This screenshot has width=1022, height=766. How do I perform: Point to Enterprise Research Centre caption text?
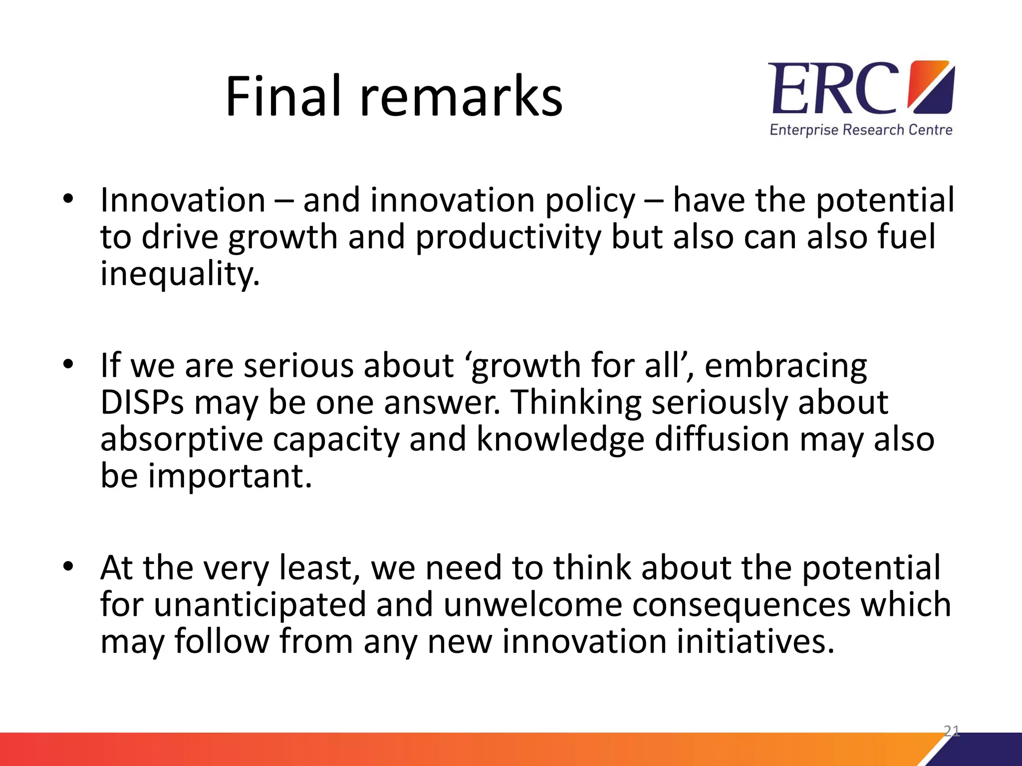click(861, 130)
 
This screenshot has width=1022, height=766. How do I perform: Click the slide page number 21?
click(951, 731)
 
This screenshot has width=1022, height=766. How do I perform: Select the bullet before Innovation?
click(68, 199)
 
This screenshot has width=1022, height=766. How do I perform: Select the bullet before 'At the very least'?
click(68, 567)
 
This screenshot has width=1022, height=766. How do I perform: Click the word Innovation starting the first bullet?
click(183, 200)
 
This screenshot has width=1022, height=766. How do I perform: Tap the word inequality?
click(180, 274)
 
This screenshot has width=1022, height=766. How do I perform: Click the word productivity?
click(509, 237)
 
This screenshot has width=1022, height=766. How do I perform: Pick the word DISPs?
click(142, 402)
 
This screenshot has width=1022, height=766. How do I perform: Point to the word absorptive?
click(182, 439)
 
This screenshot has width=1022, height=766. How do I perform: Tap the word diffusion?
click(722, 439)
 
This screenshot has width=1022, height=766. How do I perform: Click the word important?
click(230, 476)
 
